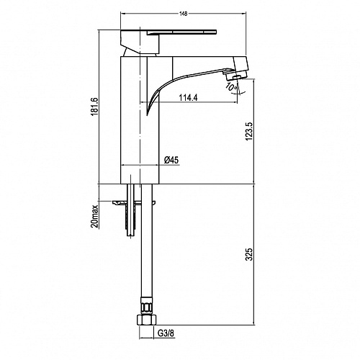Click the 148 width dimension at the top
(x=183, y=14)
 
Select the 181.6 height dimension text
(x=94, y=107)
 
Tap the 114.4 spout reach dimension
(x=189, y=98)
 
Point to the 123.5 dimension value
(x=249, y=131)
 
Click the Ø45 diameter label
(x=171, y=160)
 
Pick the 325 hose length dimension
(x=249, y=254)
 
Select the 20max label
(x=95, y=216)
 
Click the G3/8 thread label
(x=166, y=333)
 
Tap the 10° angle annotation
(x=231, y=86)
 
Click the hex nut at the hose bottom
(x=147, y=320)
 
